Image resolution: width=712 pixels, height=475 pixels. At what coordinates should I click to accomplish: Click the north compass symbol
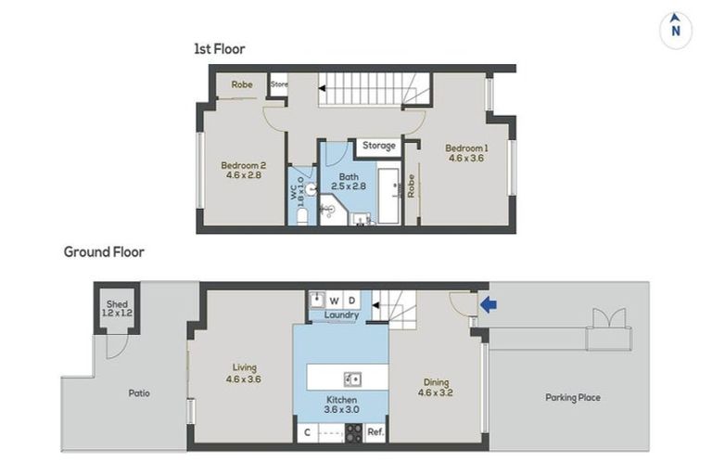click(676, 30)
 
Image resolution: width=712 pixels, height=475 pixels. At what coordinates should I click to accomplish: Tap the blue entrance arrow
click(489, 304)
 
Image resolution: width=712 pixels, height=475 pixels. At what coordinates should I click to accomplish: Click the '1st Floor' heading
click(220, 49)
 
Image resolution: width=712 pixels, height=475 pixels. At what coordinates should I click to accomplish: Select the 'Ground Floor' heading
click(104, 251)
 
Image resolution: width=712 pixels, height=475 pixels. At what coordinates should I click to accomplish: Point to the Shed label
click(117, 304)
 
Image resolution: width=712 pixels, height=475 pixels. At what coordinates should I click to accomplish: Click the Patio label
click(139, 393)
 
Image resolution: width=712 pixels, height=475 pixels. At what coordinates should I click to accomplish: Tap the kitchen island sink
click(352, 379)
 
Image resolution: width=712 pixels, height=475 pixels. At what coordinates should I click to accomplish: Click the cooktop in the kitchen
click(354, 432)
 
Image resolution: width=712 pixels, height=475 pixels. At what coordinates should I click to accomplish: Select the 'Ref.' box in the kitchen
click(375, 432)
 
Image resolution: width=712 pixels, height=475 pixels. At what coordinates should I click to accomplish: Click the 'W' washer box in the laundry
click(335, 301)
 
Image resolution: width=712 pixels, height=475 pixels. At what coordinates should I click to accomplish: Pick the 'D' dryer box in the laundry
click(351, 301)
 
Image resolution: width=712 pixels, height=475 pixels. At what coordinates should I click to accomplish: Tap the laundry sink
click(317, 300)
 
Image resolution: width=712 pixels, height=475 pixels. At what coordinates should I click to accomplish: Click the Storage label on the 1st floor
click(378, 146)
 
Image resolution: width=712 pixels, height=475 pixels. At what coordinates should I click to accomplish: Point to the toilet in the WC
click(302, 217)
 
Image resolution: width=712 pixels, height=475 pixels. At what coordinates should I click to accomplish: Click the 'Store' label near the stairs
click(279, 84)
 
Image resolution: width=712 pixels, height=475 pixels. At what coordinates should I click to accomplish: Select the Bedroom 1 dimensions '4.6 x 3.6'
click(466, 159)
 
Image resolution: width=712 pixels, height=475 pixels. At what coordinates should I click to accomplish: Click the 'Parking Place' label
click(573, 398)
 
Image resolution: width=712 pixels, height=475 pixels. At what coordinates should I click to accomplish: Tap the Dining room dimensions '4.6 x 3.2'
click(436, 392)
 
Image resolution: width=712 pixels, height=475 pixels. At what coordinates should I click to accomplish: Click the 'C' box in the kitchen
click(308, 432)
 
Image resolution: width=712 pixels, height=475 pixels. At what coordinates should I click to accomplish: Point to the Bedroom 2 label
click(244, 165)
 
